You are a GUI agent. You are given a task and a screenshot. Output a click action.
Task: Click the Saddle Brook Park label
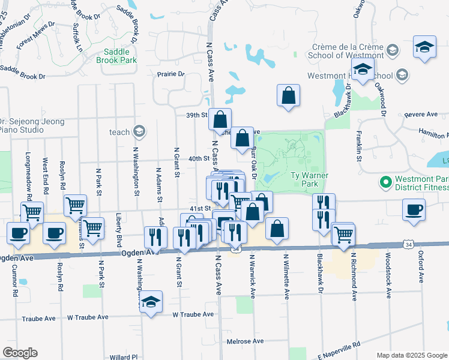[119, 56]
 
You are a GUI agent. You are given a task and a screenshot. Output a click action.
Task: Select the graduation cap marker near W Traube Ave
[151, 301]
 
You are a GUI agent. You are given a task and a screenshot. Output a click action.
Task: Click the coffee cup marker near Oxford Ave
[414, 211]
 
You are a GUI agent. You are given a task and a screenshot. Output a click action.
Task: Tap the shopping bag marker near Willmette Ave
[277, 229]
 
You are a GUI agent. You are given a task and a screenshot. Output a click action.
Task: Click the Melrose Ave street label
[246, 341]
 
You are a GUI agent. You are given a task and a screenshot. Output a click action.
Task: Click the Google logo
[20, 352]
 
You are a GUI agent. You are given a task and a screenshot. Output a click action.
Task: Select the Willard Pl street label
[124, 357]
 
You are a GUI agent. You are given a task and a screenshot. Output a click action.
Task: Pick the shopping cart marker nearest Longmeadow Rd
[32, 211]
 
